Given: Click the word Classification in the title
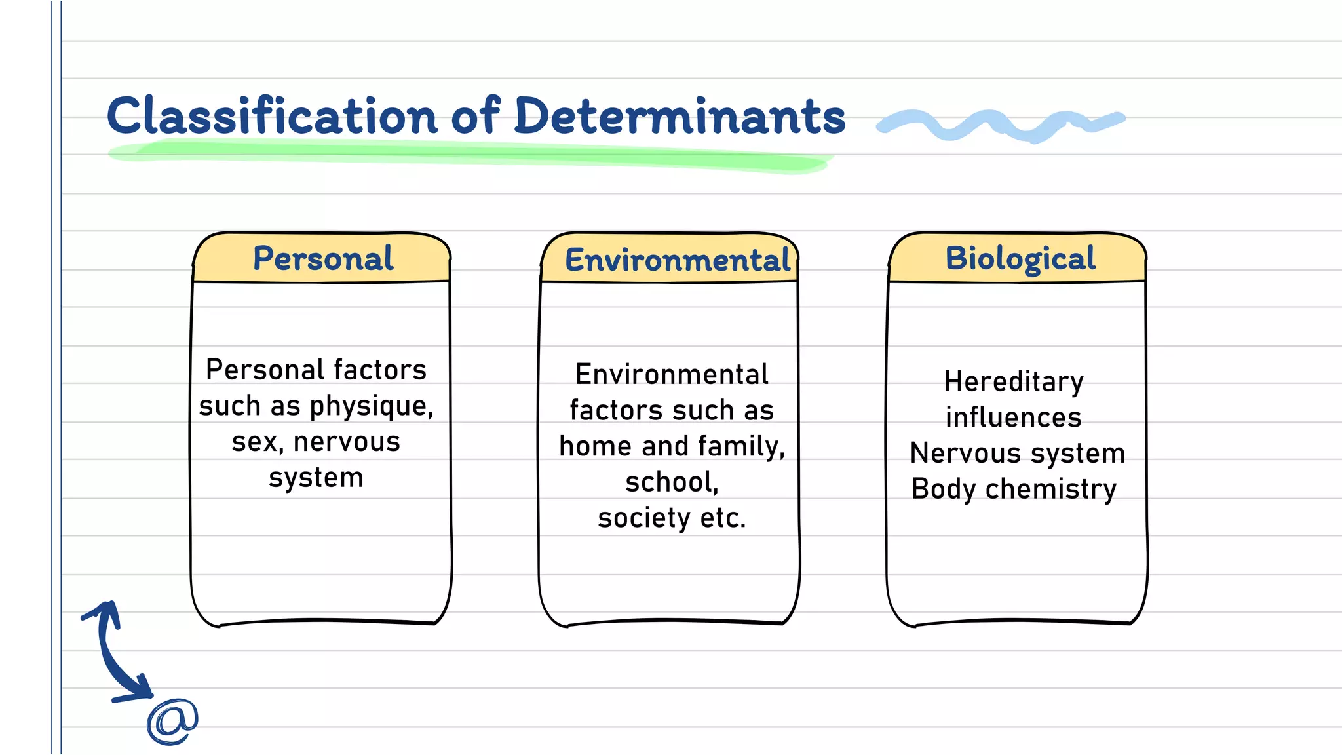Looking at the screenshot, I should coord(272,116).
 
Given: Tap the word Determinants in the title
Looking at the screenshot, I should coord(680,116).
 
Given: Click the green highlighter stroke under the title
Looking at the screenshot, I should coord(469,154).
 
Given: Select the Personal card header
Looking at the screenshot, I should coord(322,258).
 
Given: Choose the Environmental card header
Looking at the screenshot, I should coord(678,260).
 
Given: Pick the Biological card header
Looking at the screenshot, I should coord(1020,258).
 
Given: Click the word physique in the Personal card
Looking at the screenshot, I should coord(371,407).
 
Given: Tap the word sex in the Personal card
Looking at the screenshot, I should coord(256,442).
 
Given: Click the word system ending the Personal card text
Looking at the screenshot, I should coord(316,478).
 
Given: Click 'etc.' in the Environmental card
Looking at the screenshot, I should coord(722,518).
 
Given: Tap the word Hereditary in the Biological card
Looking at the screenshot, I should coord(1014,382).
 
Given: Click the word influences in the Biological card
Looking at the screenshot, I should coord(1013,417).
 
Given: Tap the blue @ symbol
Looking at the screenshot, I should coord(172,721).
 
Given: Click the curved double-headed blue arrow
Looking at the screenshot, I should coord(109,655).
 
